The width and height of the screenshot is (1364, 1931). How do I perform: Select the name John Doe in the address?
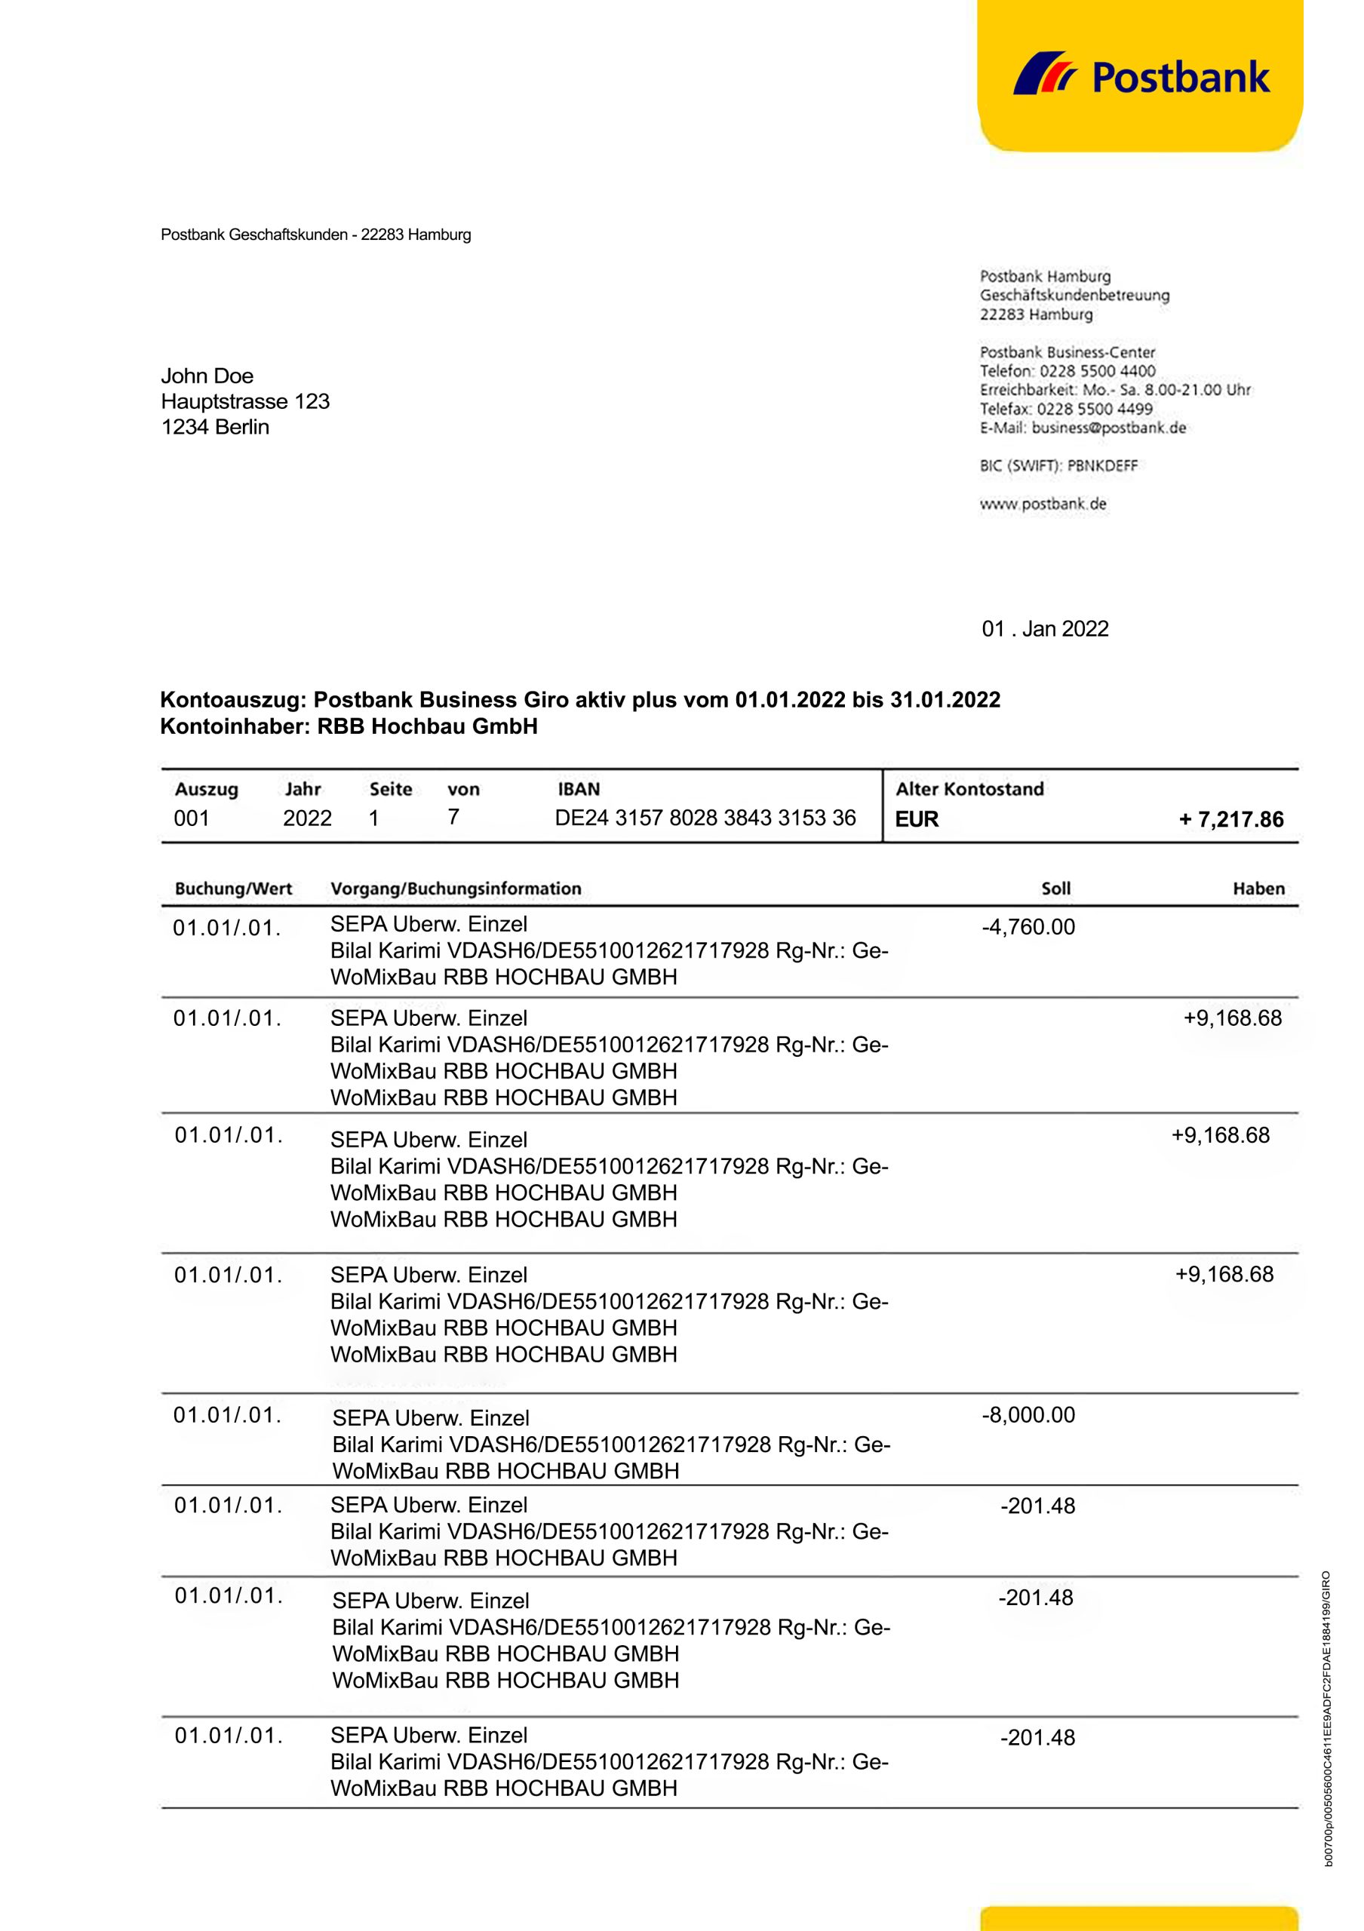[x=207, y=376]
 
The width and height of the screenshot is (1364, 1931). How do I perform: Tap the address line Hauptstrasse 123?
[x=244, y=401]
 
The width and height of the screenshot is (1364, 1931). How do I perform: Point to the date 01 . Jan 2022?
[x=1044, y=629]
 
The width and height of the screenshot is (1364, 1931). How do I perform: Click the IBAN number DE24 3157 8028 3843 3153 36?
[x=705, y=818]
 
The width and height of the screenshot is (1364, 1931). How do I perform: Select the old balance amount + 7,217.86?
[x=1231, y=819]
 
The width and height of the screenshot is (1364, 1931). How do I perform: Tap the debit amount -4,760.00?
[x=1028, y=927]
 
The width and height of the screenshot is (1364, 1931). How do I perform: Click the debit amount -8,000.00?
[x=1028, y=1414]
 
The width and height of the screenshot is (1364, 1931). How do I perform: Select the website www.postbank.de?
[x=1043, y=504]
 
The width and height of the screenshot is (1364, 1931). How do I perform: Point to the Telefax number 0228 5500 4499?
[x=1094, y=409]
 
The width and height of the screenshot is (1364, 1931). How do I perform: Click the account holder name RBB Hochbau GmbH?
[x=427, y=726]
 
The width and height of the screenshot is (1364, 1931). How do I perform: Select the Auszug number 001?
[x=191, y=818]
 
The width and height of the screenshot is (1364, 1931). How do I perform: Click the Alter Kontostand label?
[x=969, y=789]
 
